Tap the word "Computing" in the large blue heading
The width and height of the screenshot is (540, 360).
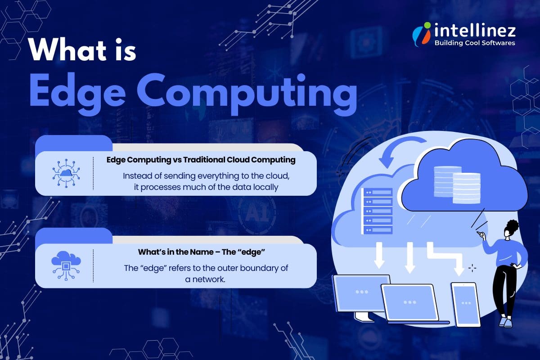[x=252, y=93]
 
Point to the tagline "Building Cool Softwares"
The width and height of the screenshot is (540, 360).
[x=474, y=43]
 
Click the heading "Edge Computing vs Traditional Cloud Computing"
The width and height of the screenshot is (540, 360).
[x=201, y=160]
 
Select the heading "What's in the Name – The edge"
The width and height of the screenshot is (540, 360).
[x=200, y=252]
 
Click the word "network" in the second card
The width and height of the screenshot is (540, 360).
[x=207, y=279]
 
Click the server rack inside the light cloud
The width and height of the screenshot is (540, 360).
[x=377, y=211]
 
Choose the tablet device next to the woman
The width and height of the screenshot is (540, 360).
[x=465, y=304]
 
